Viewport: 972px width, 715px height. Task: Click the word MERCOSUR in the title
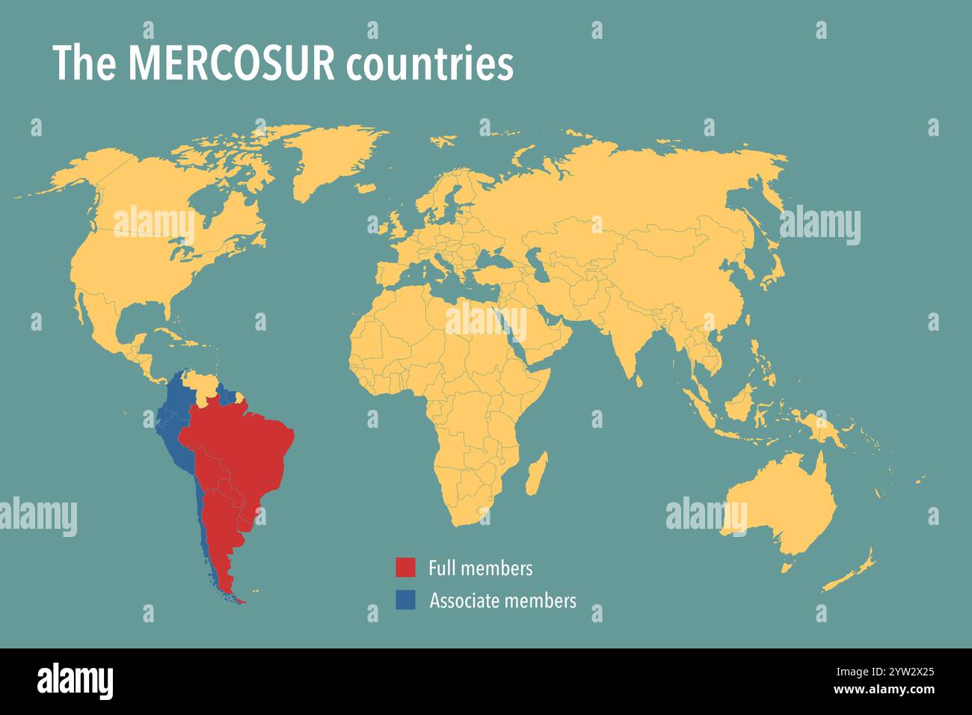[231, 64]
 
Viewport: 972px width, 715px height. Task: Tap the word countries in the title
[429, 65]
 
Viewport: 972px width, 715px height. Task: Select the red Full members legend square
[405, 568]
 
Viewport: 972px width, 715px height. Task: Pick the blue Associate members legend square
[405, 600]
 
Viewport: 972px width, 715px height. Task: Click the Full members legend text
[480, 568]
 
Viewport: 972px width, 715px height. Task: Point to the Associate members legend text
[502, 601]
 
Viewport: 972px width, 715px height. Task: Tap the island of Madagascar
[535, 475]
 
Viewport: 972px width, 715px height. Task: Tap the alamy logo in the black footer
[75, 681]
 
